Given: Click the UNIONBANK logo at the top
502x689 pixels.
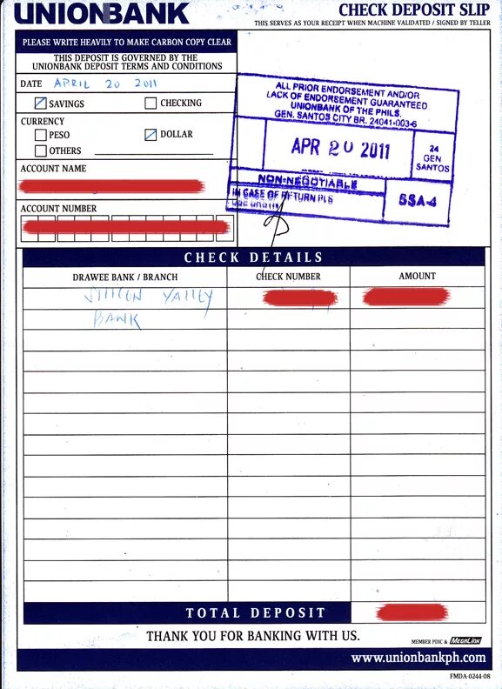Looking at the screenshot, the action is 101,14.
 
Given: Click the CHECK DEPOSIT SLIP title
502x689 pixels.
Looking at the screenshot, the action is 414,10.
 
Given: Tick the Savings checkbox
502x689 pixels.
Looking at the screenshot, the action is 41,104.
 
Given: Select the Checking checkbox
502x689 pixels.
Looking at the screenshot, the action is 151,104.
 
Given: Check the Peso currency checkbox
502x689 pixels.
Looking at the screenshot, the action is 41,136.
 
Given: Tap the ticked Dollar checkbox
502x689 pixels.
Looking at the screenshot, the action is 151,135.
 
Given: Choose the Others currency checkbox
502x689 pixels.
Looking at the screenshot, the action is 41,151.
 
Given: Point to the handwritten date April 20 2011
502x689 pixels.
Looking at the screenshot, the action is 104,84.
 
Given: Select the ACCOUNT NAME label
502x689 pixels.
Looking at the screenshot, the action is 53,169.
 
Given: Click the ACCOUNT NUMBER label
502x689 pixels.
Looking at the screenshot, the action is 58,209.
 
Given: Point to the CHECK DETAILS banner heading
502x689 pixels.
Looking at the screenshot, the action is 253,258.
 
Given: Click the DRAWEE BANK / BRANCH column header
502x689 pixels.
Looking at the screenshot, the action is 124,277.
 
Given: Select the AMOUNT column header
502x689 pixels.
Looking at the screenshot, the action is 417,276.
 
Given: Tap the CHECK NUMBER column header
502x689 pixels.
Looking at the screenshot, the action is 289,277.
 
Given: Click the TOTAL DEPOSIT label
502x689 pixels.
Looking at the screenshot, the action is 255,613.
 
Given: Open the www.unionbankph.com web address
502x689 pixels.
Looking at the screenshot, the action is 418,659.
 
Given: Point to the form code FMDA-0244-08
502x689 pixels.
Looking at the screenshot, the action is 470,676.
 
